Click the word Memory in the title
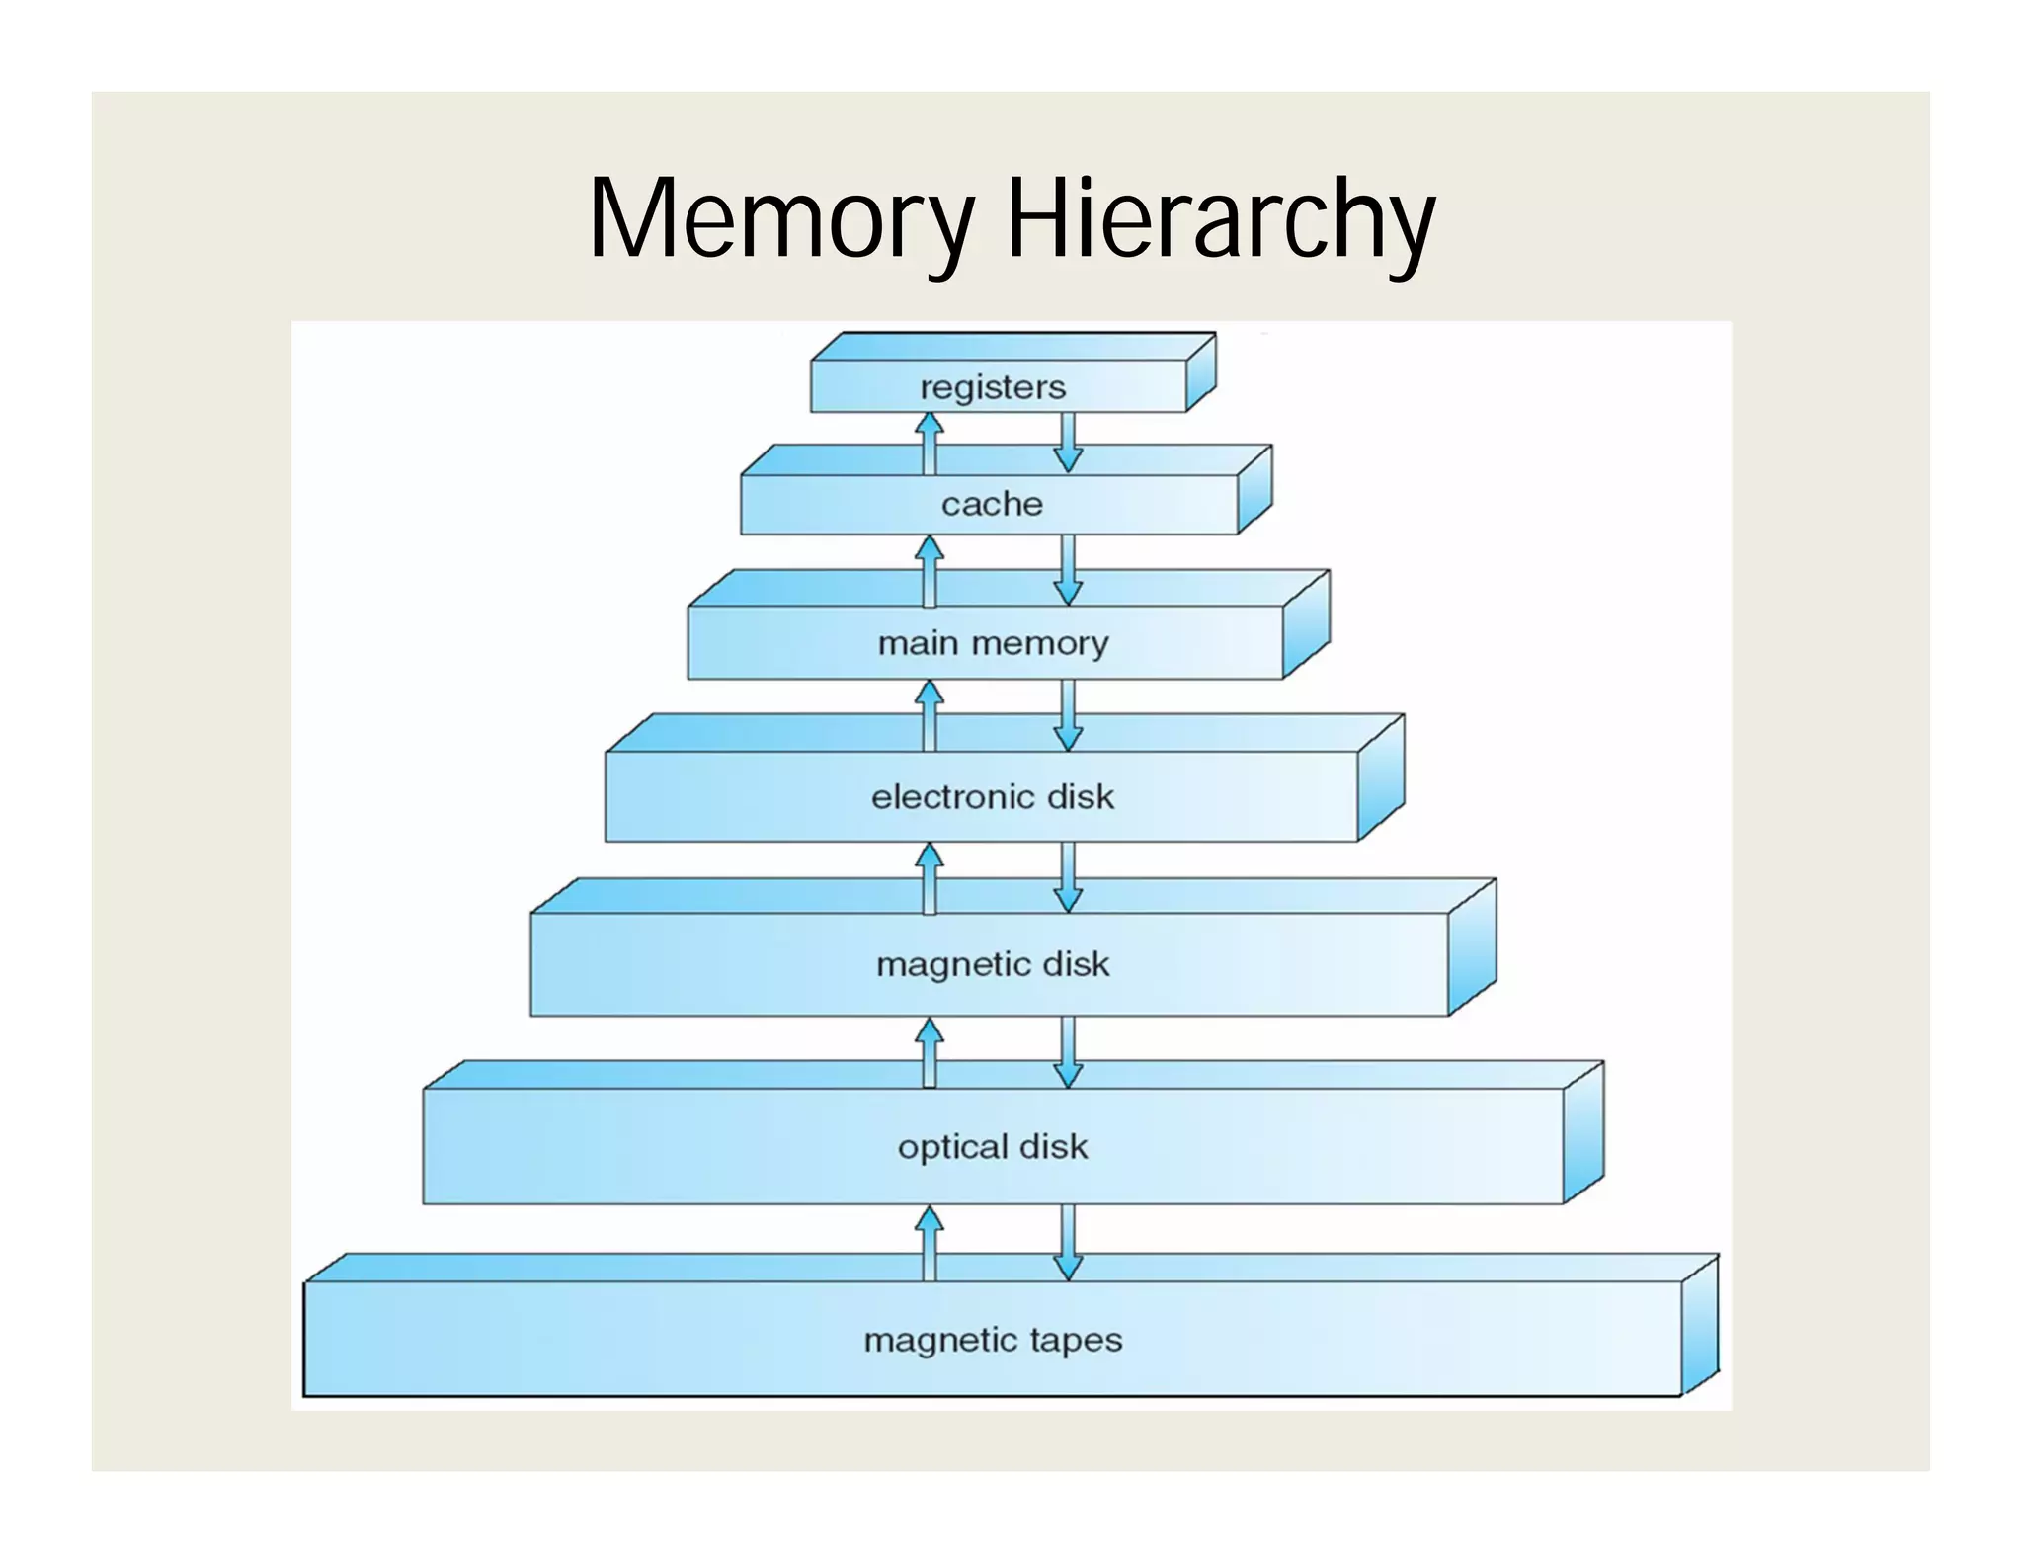click(x=781, y=219)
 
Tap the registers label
click(x=993, y=387)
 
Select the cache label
click(x=992, y=504)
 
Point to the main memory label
click(x=993, y=643)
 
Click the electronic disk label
click(x=992, y=796)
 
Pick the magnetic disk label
click(x=993, y=963)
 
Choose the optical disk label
click(x=992, y=1146)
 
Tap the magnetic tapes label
click(x=993, y=1340)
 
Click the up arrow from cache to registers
click(x=929, y=443)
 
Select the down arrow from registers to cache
click(x=1068, y=443)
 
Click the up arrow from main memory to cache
click(x=929, y=570)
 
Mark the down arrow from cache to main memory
click(x=1068, y=570)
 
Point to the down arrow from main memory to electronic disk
click(x=1068, y=715)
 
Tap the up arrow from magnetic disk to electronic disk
click(x=929, y=877)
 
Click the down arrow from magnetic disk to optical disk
click(x=1068, y=1052)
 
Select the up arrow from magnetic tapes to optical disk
click(x=929, y=1243)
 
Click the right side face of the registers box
click(x=1200, y=372)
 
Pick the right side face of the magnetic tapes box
click(x=1700, y=1325)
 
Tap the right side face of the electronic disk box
click(x=1381, y=779)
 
